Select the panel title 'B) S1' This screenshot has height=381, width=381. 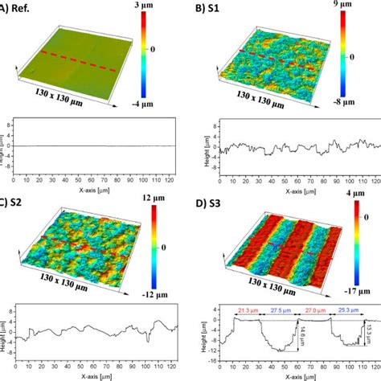pyautogui.click(x=210, y=10)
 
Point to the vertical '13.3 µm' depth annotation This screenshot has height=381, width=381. pyautogui.click(x=370, y=332)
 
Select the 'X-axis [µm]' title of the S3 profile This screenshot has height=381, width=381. pyautogui.click(x=298, y=375)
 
